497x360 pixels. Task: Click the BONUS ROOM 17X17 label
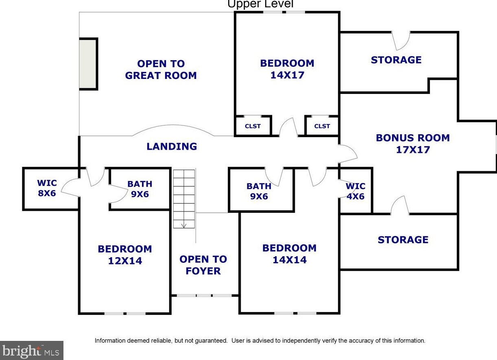[413, 144]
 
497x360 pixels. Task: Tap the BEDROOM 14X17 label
[287, 69]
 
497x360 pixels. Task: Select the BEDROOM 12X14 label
[125, 255]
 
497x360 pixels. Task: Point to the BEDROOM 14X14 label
[289, 254]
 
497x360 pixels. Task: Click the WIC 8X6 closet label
[47, 188]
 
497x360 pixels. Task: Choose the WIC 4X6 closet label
[355, 191]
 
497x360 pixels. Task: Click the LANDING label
[172, 146]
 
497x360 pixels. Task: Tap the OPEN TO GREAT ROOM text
[161, 70]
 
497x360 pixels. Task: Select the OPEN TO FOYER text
[203, 265]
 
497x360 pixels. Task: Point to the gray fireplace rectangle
[87, 64]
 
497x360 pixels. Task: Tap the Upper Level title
[260, 4]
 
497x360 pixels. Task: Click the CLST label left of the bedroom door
[253, 126]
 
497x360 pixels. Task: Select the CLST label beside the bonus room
[322, 126]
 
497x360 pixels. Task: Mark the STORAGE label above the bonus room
[396, 60]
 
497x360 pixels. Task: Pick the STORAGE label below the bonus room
[403, 240]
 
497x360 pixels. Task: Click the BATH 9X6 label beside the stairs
[140, 189]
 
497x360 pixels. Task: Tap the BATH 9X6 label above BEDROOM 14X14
[259, 191]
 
